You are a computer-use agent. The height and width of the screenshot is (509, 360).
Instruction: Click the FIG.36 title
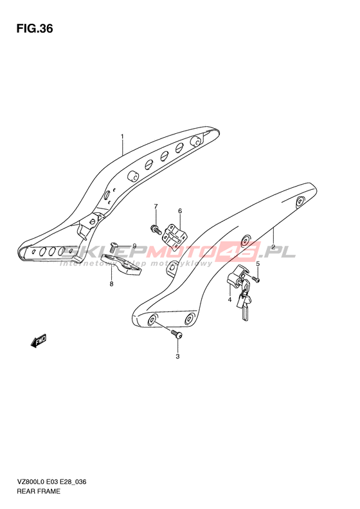point(35,29)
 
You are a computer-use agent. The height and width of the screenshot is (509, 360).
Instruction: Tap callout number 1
point(122,136)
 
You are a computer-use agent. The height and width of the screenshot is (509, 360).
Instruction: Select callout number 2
point(273,247)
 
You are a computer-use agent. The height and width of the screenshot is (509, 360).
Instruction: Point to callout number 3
point(177,356)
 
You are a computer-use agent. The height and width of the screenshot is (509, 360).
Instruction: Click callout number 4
point(230,300)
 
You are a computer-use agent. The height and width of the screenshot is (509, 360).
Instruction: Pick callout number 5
point(258,264)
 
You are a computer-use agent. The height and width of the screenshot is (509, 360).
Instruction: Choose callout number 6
point(180,211)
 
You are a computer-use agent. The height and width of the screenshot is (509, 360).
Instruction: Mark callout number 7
point(156,207)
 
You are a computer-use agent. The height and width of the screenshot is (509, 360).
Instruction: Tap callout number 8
point(112,284)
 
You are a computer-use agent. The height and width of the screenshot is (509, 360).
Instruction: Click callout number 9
point(134,246)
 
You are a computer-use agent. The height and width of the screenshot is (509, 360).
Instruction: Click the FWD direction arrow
point(39,341)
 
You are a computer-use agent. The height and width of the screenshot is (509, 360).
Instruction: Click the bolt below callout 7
point(156,229)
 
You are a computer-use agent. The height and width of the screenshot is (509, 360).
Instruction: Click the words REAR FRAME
point(39,491)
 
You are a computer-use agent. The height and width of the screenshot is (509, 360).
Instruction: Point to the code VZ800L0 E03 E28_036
point(51,482)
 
